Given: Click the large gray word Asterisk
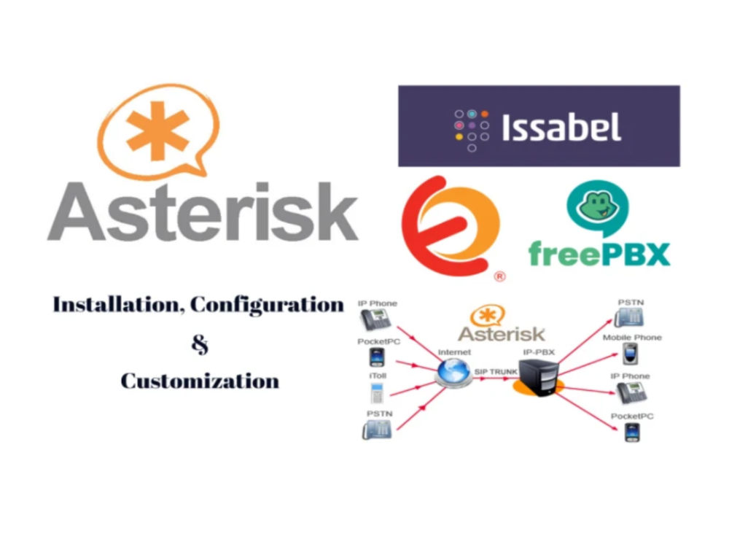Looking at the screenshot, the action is tap(203, 212).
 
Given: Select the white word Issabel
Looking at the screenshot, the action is tap(561, 126).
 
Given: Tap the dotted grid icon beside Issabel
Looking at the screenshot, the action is tap(472, 131).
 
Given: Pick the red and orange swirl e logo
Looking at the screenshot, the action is tap(450, 226).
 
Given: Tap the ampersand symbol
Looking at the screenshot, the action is tap(200, 345).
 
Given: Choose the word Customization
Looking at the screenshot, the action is tap(200, 381).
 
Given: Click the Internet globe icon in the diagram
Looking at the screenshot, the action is tap(453, 372).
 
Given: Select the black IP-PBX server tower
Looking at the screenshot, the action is tap(539, 378).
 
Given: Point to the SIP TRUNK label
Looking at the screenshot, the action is tap(496, 372).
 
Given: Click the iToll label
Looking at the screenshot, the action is tap(378, 376).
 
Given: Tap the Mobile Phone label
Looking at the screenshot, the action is tap(632, 337).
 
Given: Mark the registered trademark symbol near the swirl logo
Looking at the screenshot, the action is tap(499, 276).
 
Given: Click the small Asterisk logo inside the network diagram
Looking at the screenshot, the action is tap(502, 325).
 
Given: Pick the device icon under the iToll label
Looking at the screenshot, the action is tap(377, 394).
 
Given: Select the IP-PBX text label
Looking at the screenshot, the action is tap(539, 352).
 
